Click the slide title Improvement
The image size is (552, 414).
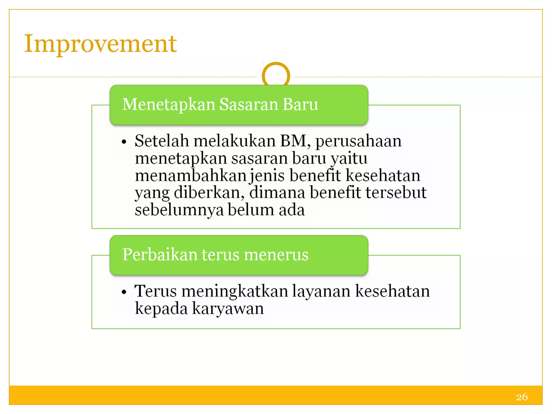(x=100, y=44)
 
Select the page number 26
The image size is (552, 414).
(x=522, y=397)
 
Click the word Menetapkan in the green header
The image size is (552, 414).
(x=168, y=105)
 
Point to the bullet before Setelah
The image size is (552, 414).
(x=124, y=142)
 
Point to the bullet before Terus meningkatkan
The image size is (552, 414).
(x=124, y=292)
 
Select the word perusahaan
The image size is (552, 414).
(x=358, y=141)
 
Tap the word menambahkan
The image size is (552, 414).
(x=191, y=175)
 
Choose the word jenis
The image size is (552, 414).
(x=267, y=175)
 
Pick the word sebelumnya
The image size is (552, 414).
(x=179, y=210)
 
